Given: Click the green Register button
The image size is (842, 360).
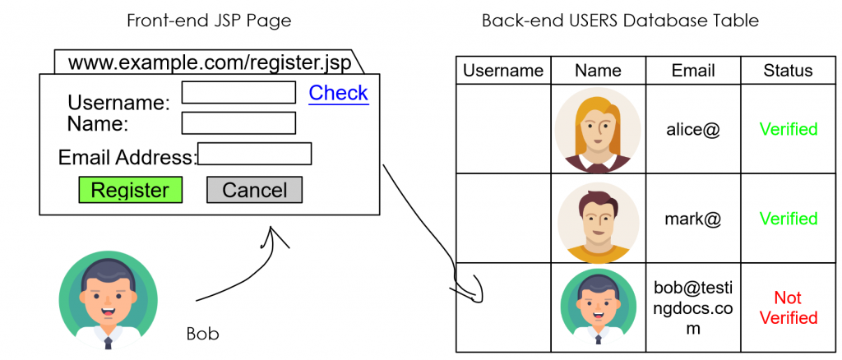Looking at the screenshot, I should pyautogui.click(x=130, y=190).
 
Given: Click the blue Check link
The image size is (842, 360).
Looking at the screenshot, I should pyautogui.click(x=338, y=93).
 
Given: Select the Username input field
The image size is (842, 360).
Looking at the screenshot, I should pyautogui.click(x=238, y=92).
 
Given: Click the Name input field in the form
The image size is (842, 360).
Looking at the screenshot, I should pyautogui.click(x=238, y=123).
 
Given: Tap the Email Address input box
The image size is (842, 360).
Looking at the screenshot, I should pyautogui.click(x=255, y=154).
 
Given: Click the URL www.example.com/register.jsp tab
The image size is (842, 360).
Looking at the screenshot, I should pyautogui.click(x=210, y=62).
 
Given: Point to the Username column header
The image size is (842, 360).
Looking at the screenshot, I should pyautogui.click(x=503, y=71).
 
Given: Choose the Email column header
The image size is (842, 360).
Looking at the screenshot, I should pyautogui.click(x=693, y=71).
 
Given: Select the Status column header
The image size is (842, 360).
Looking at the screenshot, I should pyautogui.click(x=788, y=71).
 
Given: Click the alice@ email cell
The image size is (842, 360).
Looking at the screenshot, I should pyautogui.click(x=693, y=129).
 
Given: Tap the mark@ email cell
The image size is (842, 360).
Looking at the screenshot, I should pyautogui.click(x=693, y=219).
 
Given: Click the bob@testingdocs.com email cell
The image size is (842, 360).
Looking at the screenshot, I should pyautogui.click(x=693, y=308).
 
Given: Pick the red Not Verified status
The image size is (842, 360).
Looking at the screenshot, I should pyautogui.click(x=788, y=307).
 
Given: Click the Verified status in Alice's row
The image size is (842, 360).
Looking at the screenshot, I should pyautogui.click(x=788, y=129).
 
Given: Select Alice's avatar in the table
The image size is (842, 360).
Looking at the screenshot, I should pyautogui.click(x=598, y=129).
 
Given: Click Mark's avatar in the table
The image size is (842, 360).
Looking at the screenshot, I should pyautogui.click(x=598, y=219).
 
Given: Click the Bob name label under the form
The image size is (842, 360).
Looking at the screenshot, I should pyautogui.click(x=203, y=335).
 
